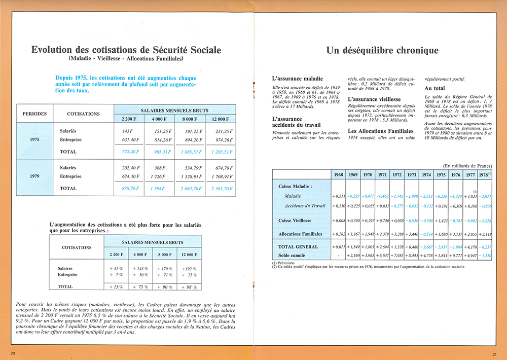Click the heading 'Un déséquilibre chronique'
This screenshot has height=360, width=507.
click(x=382, y=50)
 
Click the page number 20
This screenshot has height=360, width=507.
click(x=13, y=352)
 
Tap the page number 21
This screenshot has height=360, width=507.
click(x=494, y=353)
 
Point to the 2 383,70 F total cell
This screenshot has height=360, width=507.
click(x=221, y=189)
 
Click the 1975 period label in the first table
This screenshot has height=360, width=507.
click(x=34, y=139)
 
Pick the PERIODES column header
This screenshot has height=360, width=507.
click(x=34, y=114)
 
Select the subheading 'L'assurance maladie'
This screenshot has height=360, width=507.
click(x=297, y=79)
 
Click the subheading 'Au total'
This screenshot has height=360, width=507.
click(x=434, y=88)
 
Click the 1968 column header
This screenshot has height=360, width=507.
click(x=338, y=174)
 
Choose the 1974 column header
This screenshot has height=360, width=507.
click(x=426, y=174)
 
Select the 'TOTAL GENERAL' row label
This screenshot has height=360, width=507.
click(x=298, y=246)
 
